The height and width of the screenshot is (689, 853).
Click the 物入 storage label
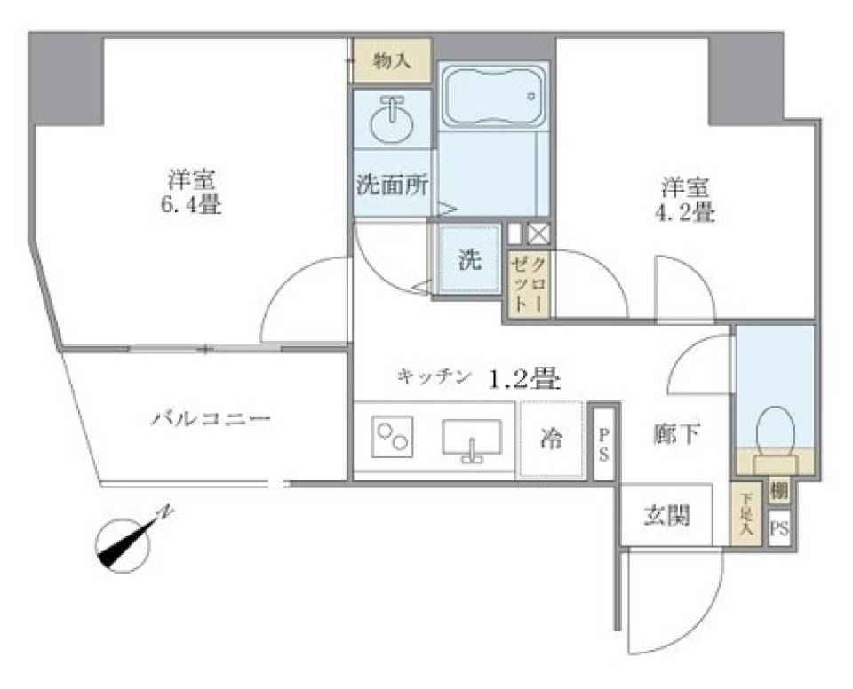click(392, 60)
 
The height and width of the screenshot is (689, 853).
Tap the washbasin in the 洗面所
click(391, 122)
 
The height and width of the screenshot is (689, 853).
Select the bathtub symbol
click(493, 97)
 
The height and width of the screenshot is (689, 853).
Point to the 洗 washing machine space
click(469, 260)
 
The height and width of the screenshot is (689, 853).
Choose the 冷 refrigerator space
click(552, 439)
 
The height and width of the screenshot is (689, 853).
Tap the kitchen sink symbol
click(471, 438)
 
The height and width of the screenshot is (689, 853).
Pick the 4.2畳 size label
click(687, 213)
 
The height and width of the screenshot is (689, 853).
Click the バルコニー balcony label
click(210, 418)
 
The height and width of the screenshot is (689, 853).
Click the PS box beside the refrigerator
click(602, 442)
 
